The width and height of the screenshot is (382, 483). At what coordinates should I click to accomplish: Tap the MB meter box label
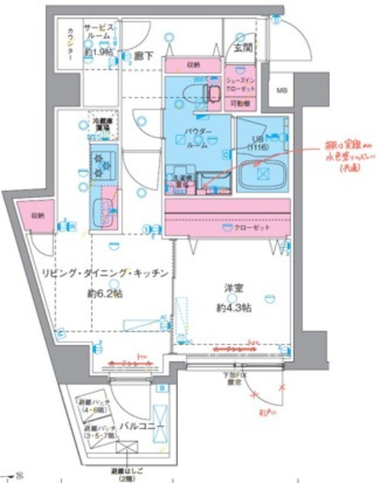pyautogui.click(x=282, y=91)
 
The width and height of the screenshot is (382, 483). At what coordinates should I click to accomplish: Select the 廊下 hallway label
pyautogui.click(x=143, y=56)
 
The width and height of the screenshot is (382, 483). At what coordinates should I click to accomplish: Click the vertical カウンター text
pyautogui.click(x=70, y=42)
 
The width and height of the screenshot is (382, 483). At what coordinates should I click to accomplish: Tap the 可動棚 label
pyautogui.click(x=240, y=103)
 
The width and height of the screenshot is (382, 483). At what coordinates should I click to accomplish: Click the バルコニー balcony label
pyautogui.click(x=141, y=425)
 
